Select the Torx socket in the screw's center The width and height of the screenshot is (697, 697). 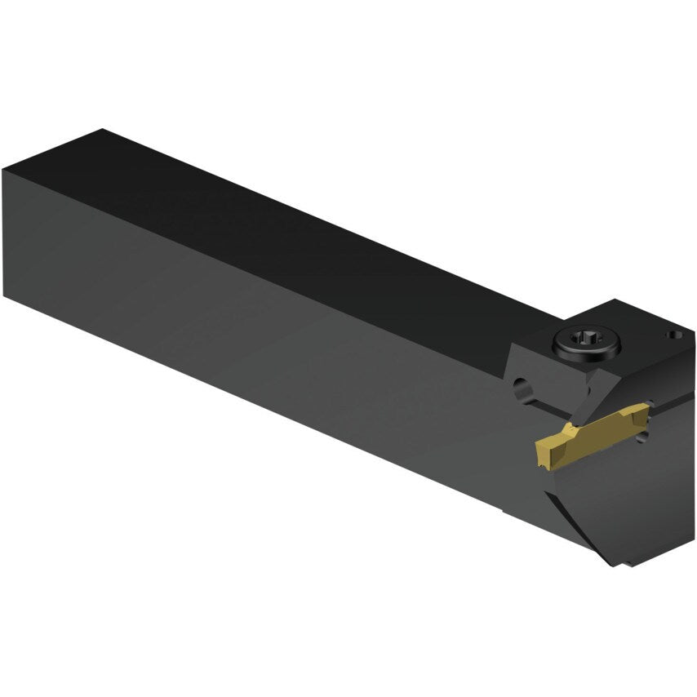pyautogui.click(x=587, y=340)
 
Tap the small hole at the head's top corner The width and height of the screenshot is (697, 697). pyautogui.click(x=674, y=334)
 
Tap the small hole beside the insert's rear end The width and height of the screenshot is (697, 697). pyautogui.click(x=643, y=437)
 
